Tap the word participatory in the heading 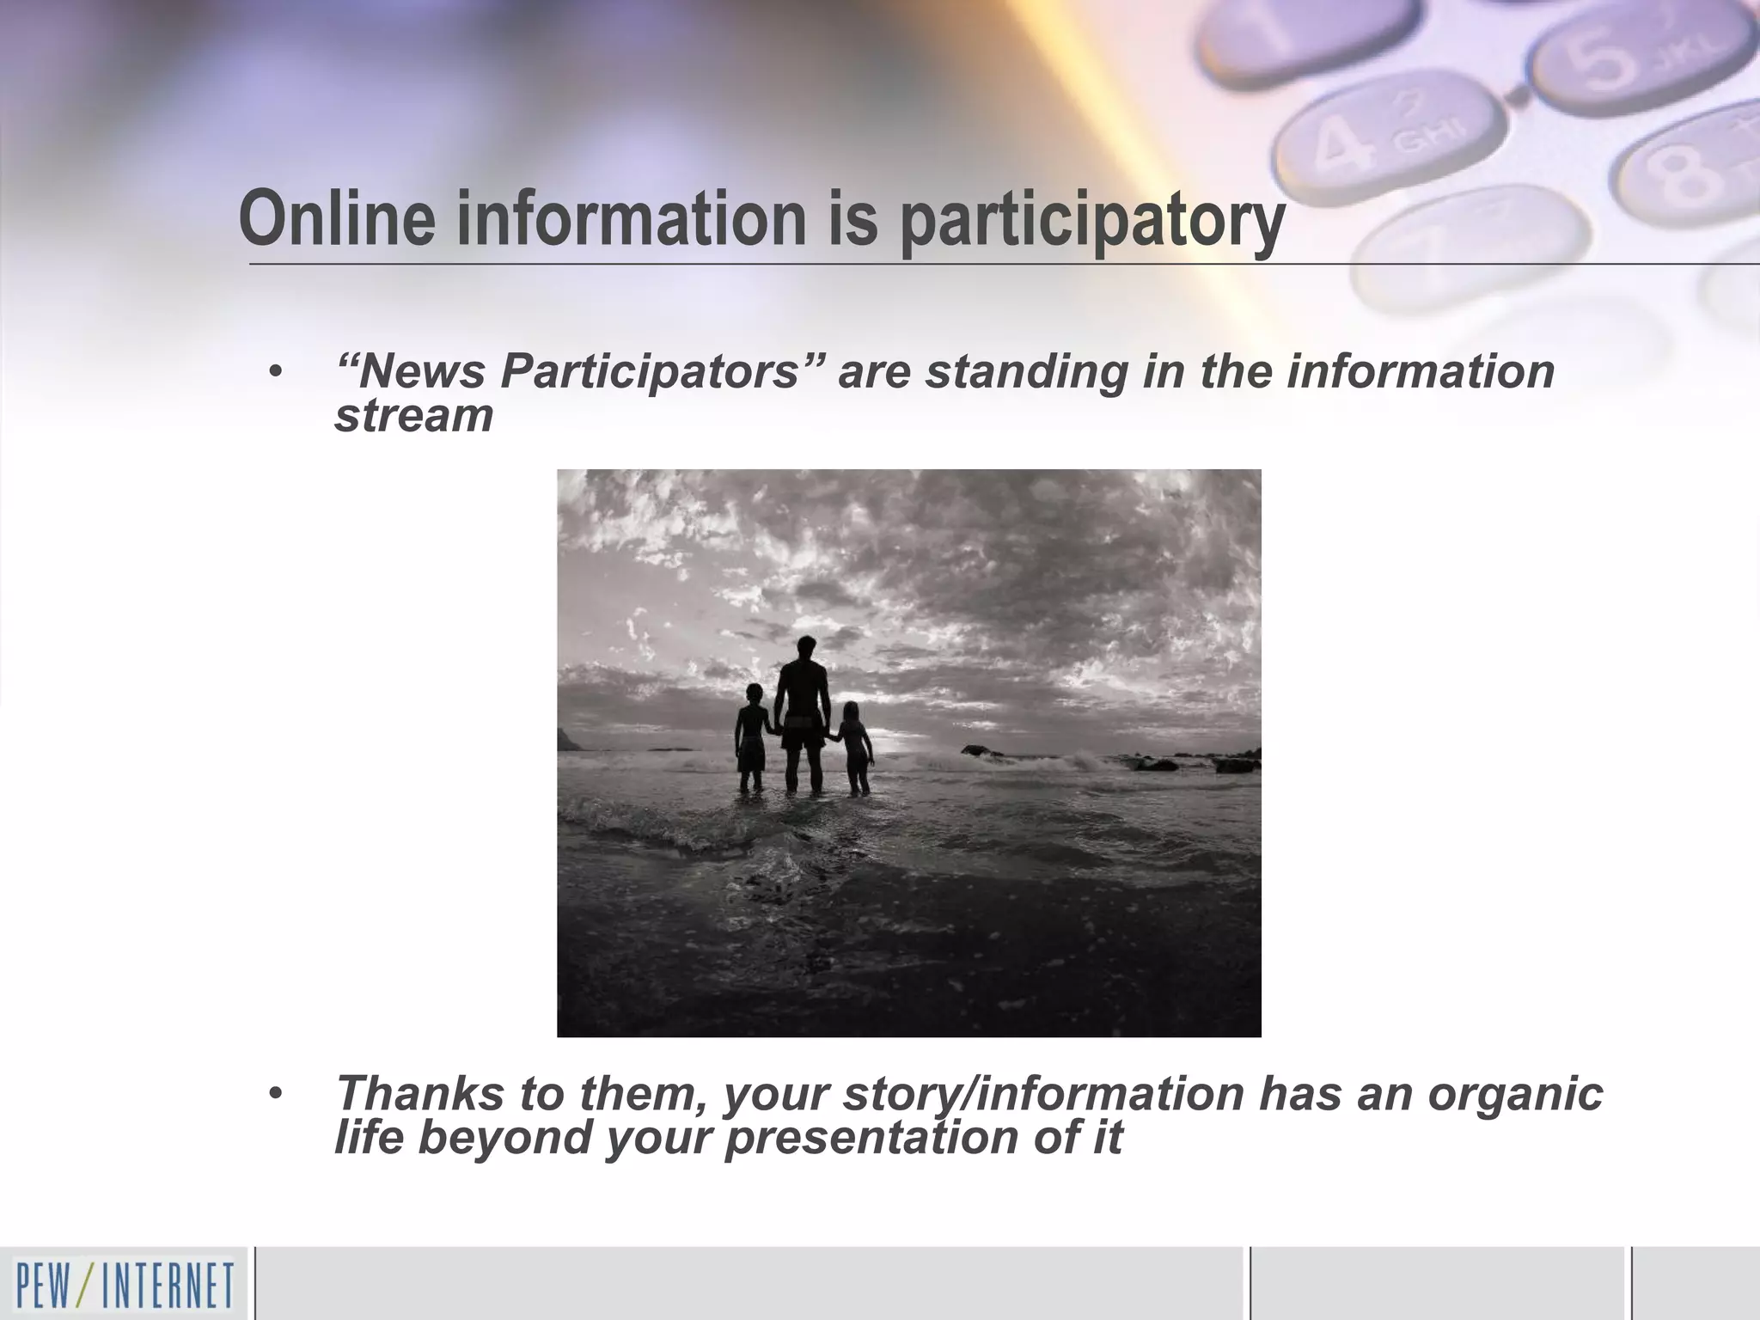click(1091, 222)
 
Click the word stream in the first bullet click(413, 415)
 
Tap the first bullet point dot click(274, 373)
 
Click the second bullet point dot click(274, 1094)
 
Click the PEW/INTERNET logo click(124, 1284)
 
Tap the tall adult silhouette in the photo click(804, 713)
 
